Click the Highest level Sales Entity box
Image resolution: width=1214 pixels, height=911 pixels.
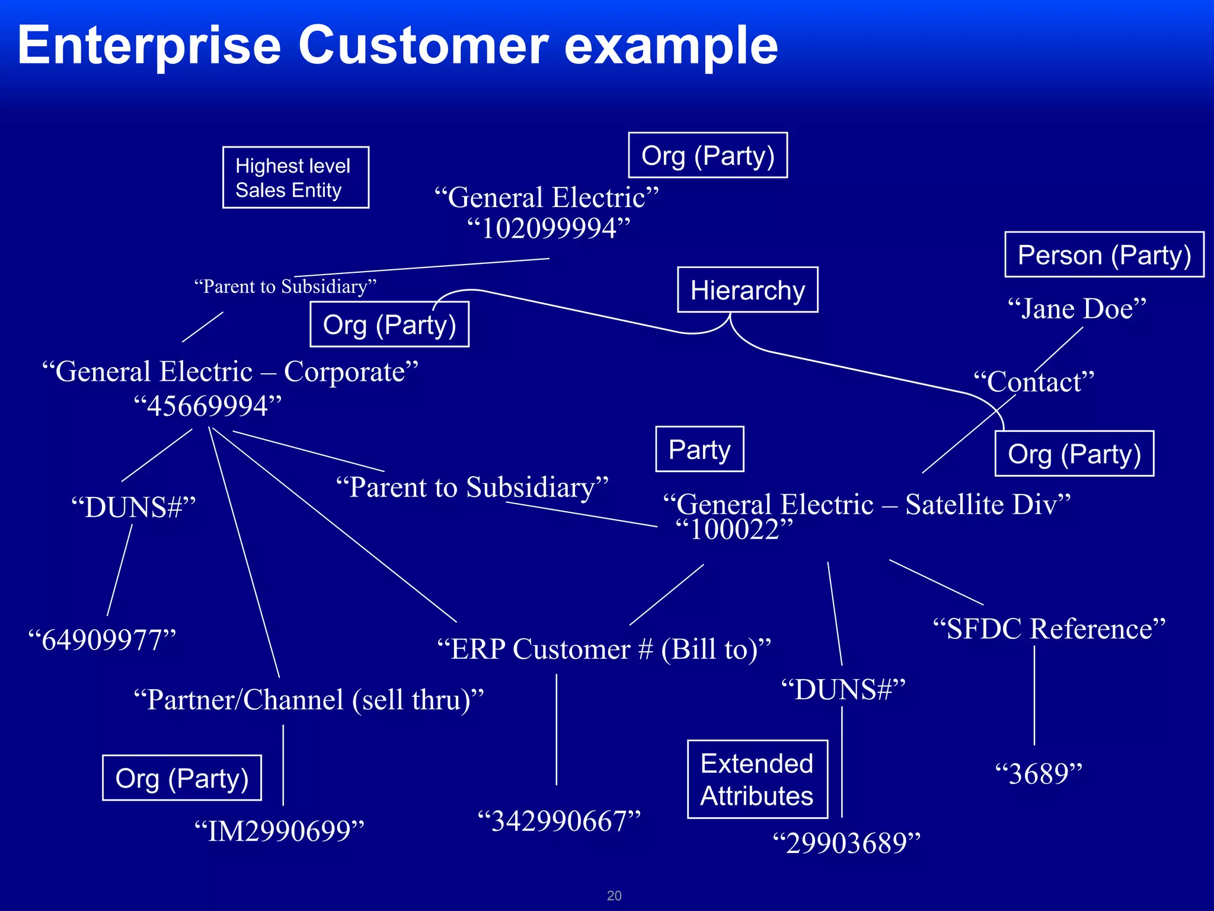pyautogui.click(x=295, y=177)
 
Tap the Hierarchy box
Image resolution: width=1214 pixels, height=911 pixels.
pyautogui.click(x=747, y=290)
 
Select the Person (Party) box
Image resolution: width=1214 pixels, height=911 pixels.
pyautogui.click(x=1104, y=255)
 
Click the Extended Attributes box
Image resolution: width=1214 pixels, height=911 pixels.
pyautogui.click(x=757, y=779)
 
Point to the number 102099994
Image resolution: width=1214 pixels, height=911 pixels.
pyautogui.click(x=548, y=229)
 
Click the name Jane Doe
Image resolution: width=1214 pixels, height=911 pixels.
pyautogui.click(x=1076, y=309)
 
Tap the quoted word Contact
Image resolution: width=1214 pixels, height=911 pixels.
pyautogui.click(x=1034, y=382)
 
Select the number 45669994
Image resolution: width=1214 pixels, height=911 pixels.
pyautogui.click(x=207, y=407)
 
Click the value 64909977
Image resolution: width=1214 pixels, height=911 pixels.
pyautogui.click(x=103, y=641)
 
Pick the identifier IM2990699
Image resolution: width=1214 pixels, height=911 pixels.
pyautogui.click(x=279, y=831)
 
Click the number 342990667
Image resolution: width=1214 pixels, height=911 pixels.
pyautogui.click(x=559, y=822)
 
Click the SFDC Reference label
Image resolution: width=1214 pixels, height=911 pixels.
pyautogui.click(x=1049, y=629)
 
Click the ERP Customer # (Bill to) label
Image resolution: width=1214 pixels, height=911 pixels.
pyautogui.click(x=603, y=649)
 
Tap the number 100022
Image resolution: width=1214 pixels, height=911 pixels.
pyautogui.click(x=734, y=530)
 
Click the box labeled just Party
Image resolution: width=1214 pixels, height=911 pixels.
pyautogui.click(x=699, y=450)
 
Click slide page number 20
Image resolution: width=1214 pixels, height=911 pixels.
pyautogui.click(x=614, y=896)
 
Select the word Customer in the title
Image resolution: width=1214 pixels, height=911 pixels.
pyautogui.click(x=423, y=46)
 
